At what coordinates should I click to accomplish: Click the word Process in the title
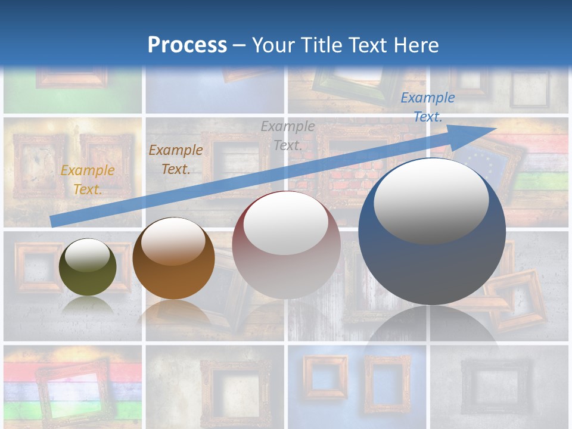tap(187, 45)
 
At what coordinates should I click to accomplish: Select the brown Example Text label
tap(176, 160)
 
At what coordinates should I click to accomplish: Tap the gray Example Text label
tap(288, 135)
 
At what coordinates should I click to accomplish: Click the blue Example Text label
tap(427, 107)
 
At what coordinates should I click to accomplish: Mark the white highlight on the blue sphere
tap(431, 200)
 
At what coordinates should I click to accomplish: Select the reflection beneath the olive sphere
tap(88, 306)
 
